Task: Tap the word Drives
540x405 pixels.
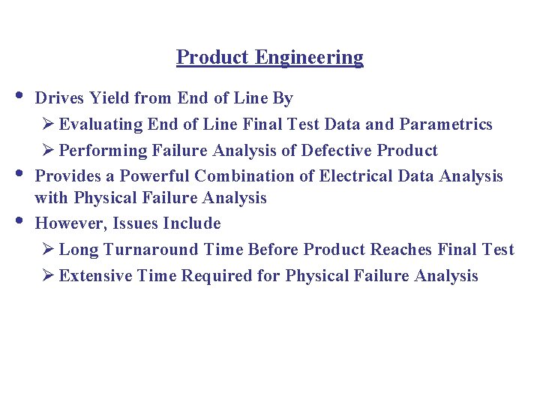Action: point(60,98)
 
